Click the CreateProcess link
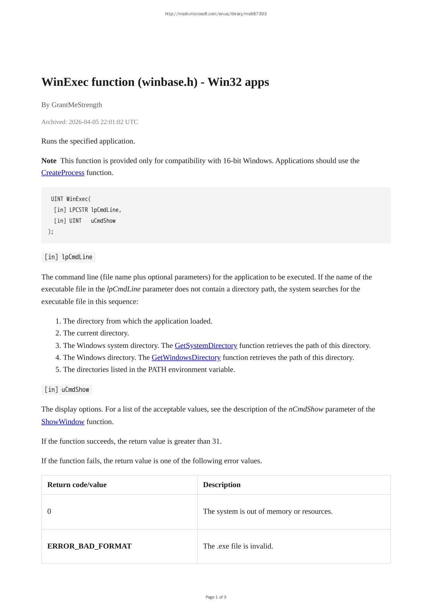point(63,173)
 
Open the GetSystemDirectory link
point(206,346)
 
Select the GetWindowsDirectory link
point(186,357)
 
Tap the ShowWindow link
point(63,422)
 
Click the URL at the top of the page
point(216,14)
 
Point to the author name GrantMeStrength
point(77,105)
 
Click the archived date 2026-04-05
point(83,122)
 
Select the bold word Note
point(49,161)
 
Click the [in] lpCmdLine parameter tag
point(69,257)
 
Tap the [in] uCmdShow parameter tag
point(67,390)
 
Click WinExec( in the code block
point(79,199)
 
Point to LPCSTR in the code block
point(79,210)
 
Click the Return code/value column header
point(77,485)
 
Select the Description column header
point(222,485)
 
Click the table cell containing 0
point(49,511)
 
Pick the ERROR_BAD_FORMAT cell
point(89,546)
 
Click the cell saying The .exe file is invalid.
point(238,546)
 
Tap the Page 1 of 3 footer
point(216,597)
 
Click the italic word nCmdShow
point(306,409)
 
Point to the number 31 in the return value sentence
point(216,441)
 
